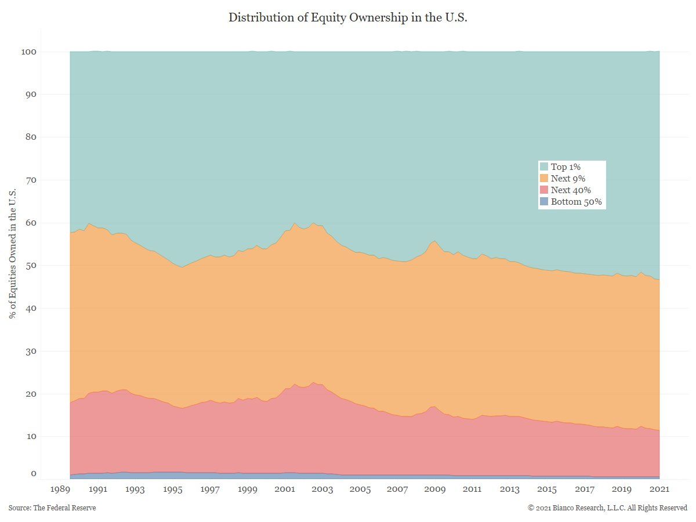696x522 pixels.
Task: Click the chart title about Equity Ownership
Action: coord(348,17)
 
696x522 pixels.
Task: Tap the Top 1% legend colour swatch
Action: coord(544,167)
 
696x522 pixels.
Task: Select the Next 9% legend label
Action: coord(568,179)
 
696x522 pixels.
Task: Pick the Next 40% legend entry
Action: coord(571,190)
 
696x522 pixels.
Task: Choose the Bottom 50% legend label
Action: coord(576,202)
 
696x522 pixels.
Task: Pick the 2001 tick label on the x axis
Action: coord(285,490)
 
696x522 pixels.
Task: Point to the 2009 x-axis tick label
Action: coord(434,490)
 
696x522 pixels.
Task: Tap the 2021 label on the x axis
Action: coord(659,490)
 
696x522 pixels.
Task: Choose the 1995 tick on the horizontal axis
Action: coord(173,490)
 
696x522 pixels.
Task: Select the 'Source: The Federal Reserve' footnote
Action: coord(52,508)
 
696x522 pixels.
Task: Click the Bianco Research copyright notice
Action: coord(607,508)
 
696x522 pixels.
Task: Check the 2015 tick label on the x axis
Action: coord(547,490)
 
